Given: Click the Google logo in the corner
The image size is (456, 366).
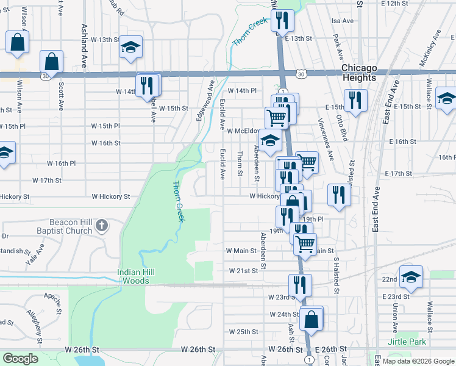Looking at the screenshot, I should (x=20, y=359).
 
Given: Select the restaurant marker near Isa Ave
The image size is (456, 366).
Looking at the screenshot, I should (x=282, y=20).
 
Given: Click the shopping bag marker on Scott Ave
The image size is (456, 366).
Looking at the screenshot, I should (x=52, y=62).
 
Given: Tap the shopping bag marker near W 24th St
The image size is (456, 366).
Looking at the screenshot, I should (x=311, y=320).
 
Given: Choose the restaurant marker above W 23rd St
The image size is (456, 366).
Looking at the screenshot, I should (x=300, y=284).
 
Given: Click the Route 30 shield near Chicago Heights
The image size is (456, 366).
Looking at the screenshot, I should (x=302, y=73).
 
